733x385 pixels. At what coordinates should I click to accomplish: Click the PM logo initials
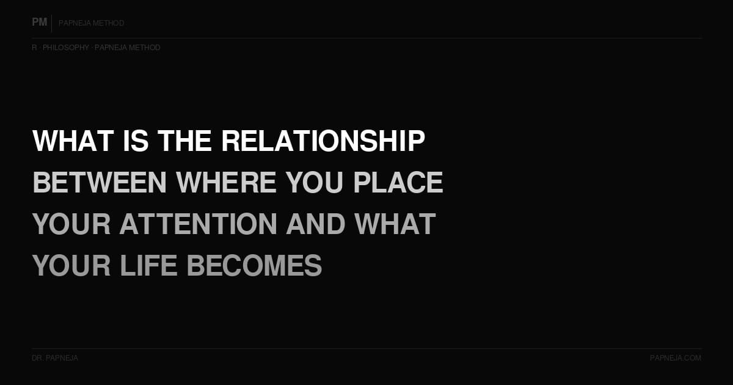tap(40, 23)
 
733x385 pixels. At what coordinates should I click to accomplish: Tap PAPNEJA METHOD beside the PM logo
tap(92, 23)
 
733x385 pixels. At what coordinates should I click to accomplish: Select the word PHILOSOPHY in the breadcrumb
tap(66, 48)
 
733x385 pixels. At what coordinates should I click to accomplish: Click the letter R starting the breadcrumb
tap(34, 48)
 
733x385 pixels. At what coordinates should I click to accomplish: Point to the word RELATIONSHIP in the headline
tap(323, 141)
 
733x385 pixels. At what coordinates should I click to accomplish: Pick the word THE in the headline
tap(184, 141)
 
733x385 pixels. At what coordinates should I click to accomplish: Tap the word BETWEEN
tap(99, 183)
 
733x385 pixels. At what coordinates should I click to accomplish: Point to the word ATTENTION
tap(199, 224)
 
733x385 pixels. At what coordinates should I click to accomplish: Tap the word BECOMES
tap(254, 266)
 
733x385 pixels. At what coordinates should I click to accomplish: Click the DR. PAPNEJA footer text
tap(55, 358)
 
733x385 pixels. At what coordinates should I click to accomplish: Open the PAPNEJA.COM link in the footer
tap(676, 358)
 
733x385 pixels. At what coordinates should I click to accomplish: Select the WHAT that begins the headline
tap(73, 141)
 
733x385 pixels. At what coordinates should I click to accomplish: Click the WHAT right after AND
tap(395, 224)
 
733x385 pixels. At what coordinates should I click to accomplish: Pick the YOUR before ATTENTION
tap(71, 224)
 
